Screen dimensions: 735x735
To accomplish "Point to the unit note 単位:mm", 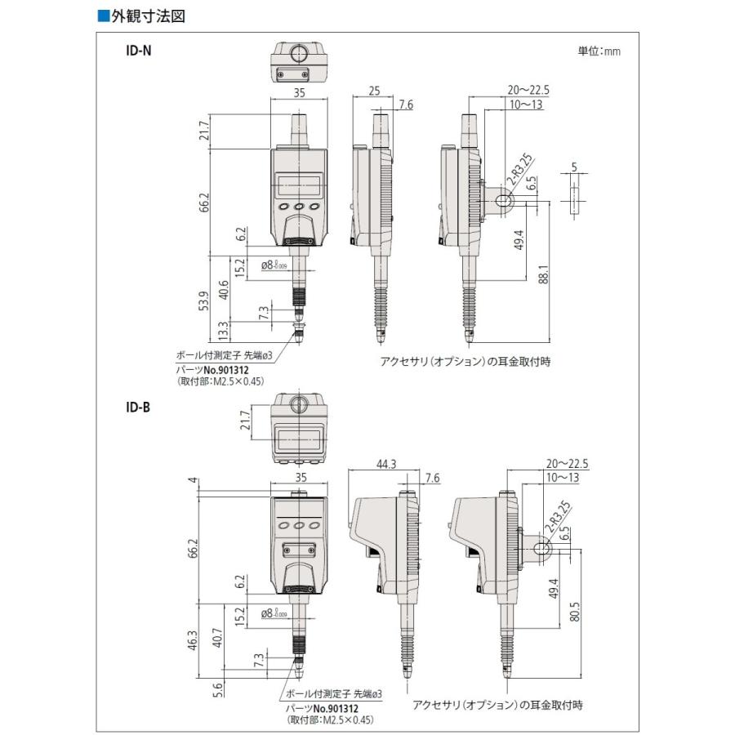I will (599, 51).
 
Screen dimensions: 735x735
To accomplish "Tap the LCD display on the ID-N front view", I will (299, 183).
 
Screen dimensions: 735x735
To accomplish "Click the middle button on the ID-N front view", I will (299, 207).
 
